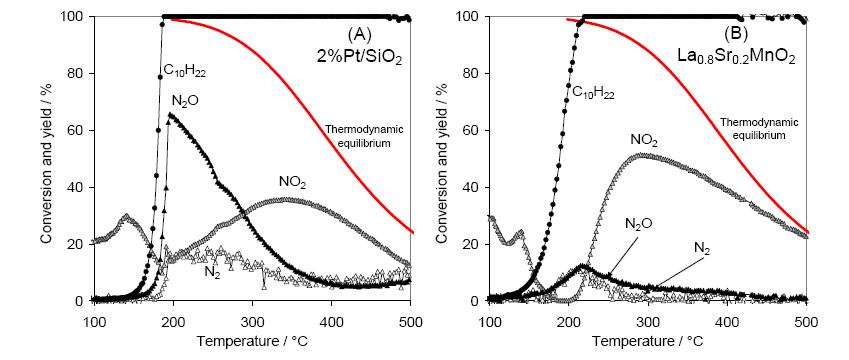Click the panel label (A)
tap(360, 35)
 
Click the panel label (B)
tap(736, 35)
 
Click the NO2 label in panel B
tap(643, 140)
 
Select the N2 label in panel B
tap(702, 248)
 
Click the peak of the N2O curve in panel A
tap(171, 114)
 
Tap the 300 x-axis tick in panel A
tap(252, 316)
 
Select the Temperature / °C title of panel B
tap(647, 342)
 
